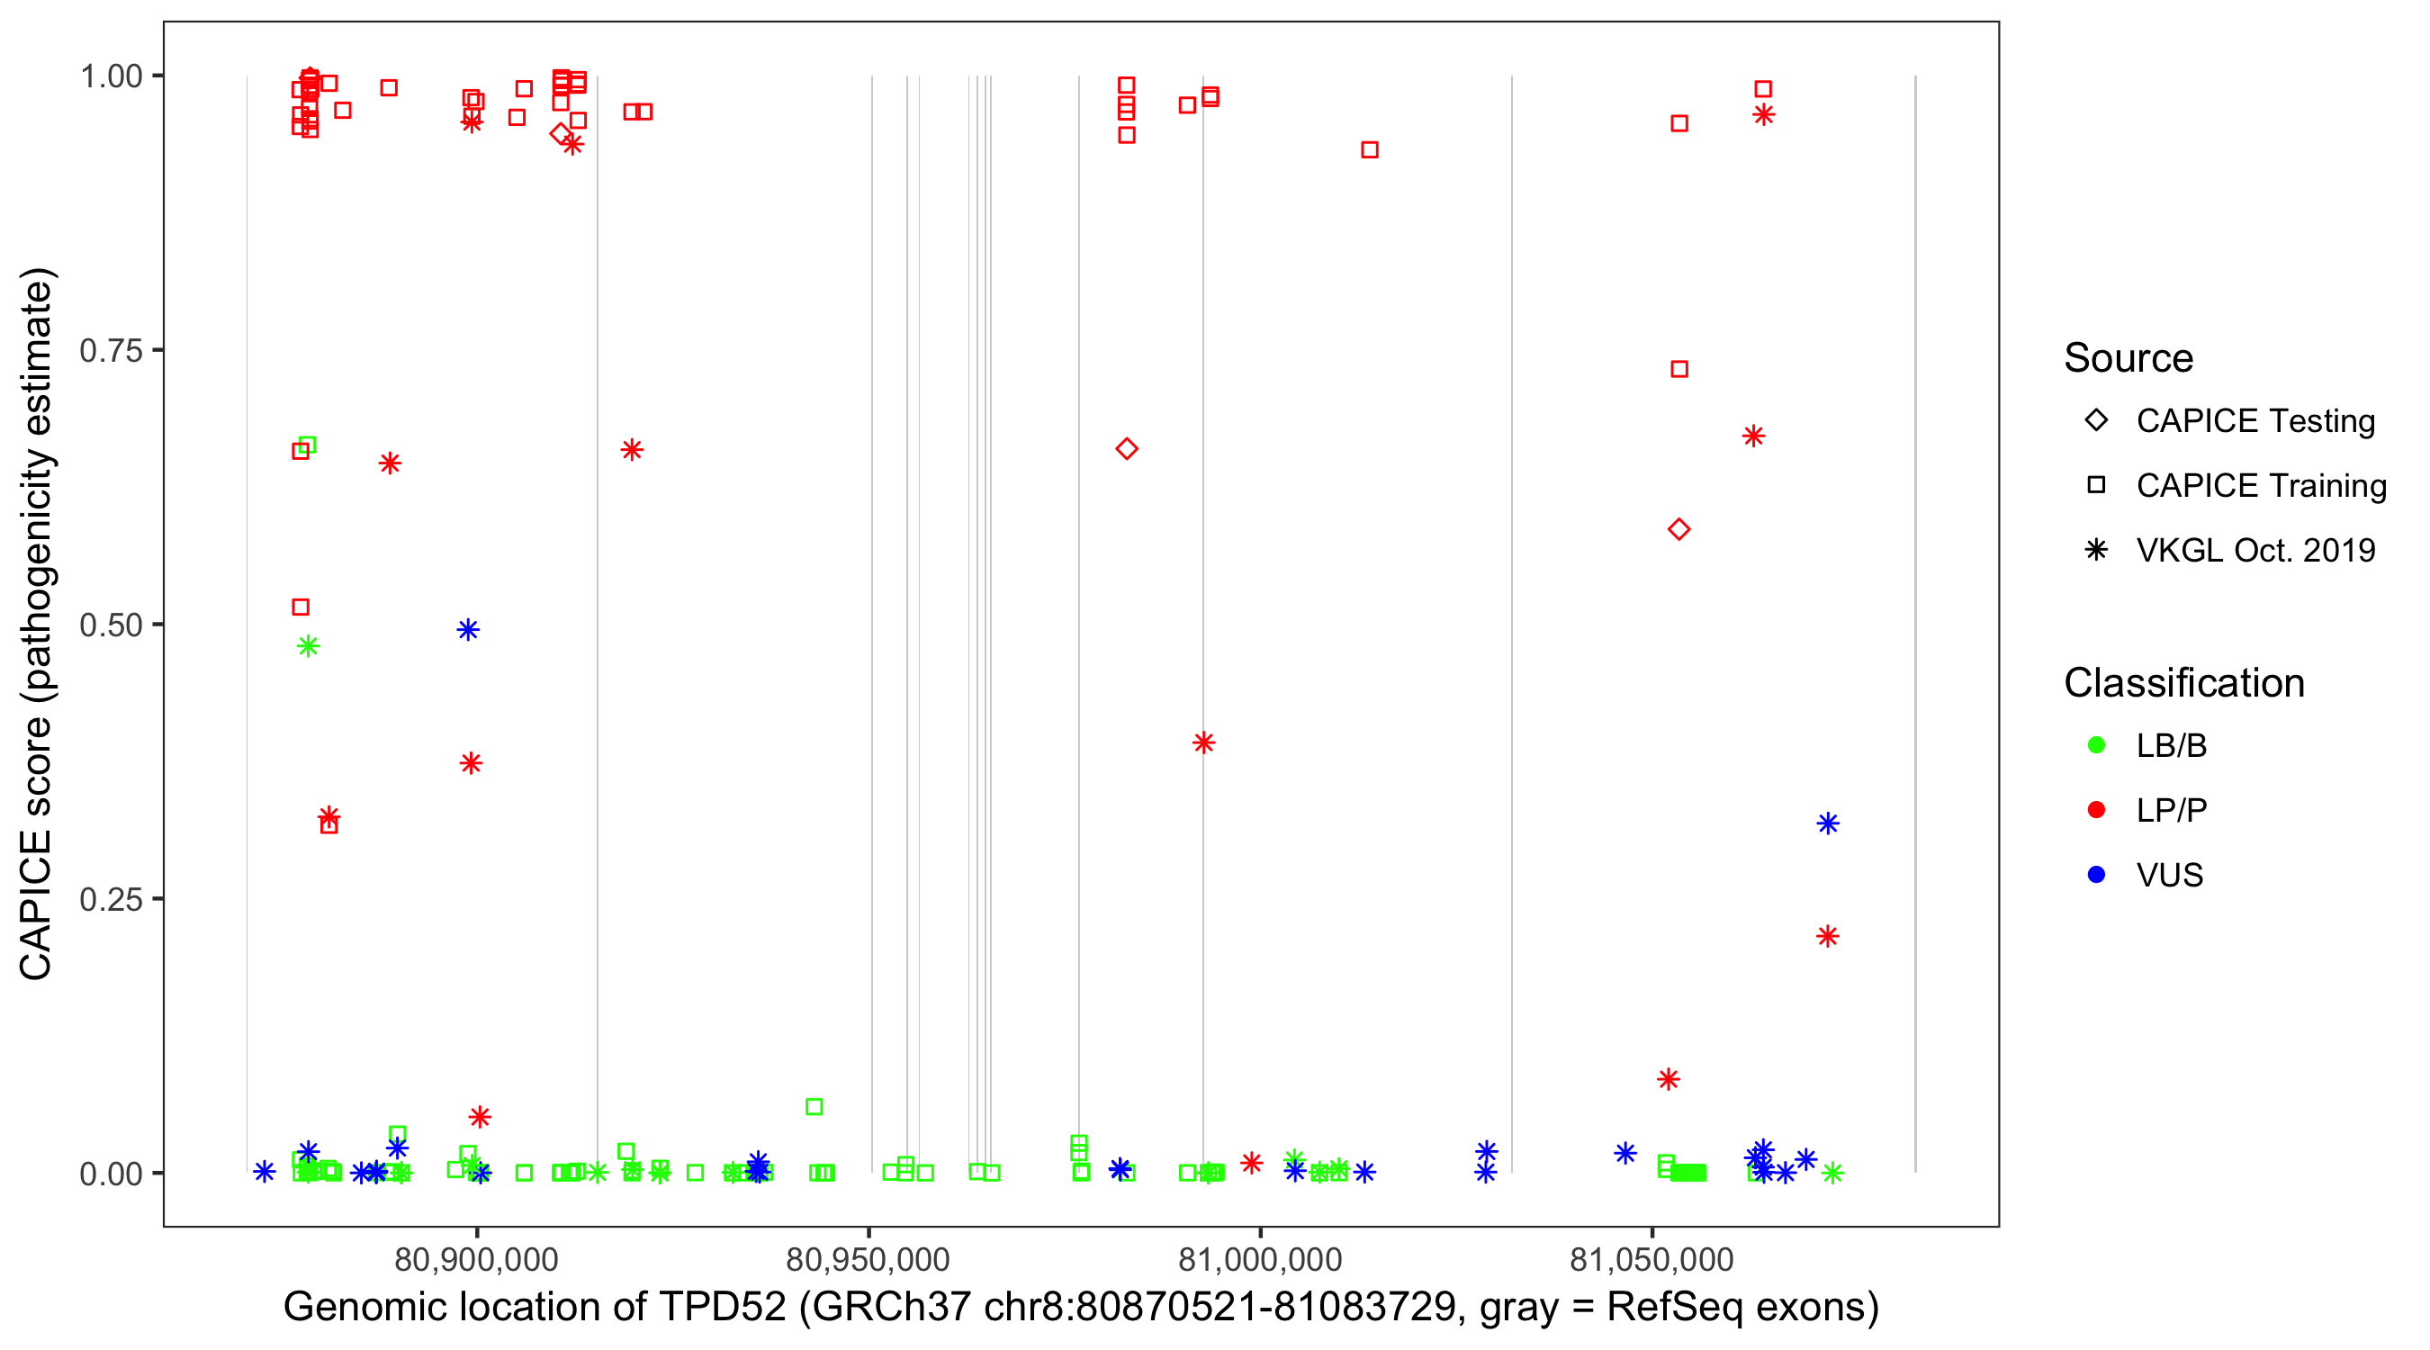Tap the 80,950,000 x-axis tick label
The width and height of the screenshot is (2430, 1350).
[x=868, y=1259]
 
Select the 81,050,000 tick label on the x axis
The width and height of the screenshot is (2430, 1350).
[x=1651, y=1259]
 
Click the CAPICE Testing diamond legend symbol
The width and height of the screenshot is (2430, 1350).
[x=2096, y=419]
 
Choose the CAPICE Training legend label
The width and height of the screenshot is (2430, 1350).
[x=2260, y=485]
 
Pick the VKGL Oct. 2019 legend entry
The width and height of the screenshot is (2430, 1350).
[x=2254, y=550]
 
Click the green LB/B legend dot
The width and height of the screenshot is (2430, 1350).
[x=2096, y=745]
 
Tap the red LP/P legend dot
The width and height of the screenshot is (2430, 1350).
[x=2096, y=810]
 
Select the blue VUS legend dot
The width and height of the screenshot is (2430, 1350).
[x=2096, y=875]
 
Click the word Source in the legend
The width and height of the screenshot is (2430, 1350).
[x=2128, y=358]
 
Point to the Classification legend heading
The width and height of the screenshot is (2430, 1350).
[x=2182, y=683]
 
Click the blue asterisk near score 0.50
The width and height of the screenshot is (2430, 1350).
[x=468, y=630]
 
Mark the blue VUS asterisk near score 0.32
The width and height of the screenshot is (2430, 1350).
[x=1827, y=823]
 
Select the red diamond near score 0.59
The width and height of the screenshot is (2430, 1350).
[x=1678, y=529]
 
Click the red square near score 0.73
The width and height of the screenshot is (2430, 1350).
[x=1679, y=369]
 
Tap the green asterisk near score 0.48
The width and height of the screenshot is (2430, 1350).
[x=308, y=646]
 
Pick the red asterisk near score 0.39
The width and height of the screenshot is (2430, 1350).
[x=1202, y=742]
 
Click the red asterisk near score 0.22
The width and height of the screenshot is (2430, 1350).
[x=1827, y=936]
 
